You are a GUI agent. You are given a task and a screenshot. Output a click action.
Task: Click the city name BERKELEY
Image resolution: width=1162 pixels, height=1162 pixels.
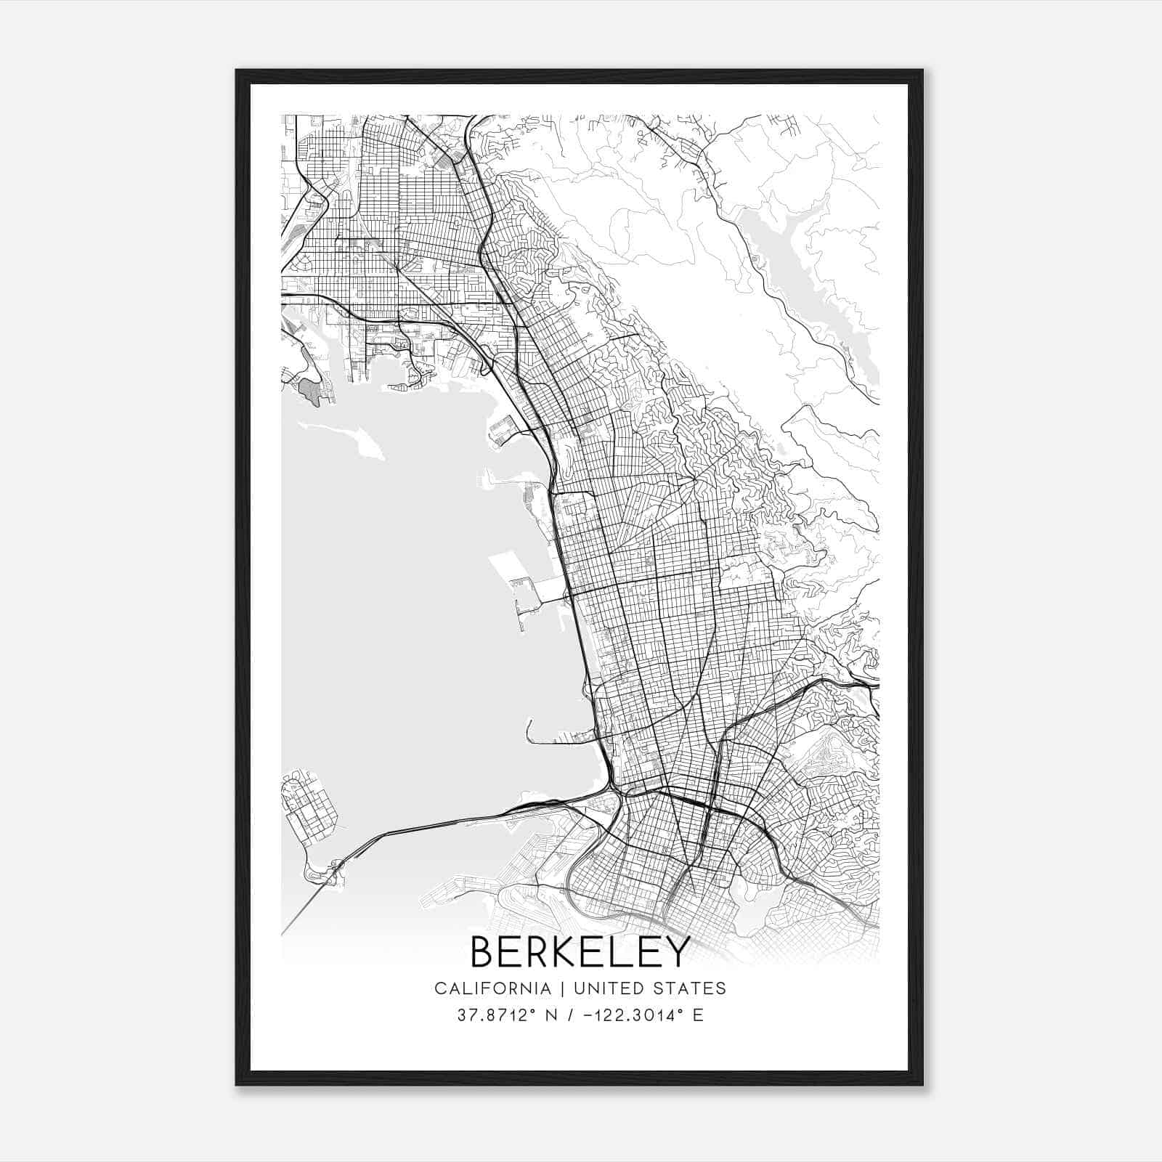click(x=580, y=952)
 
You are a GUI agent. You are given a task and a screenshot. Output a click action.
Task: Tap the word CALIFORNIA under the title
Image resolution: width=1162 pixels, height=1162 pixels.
click(x=492, y=988)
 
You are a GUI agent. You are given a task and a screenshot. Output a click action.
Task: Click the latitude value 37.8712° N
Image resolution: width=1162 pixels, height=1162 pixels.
click(x=508, y=1015)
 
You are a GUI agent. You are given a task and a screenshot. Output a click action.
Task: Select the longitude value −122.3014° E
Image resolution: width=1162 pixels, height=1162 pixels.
click(x=640, y=1015)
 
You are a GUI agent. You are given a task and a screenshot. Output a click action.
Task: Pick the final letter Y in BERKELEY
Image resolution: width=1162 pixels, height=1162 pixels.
click(x=676, y=952)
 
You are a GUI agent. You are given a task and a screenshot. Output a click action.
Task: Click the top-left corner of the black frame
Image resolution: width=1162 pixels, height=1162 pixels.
click(x=237, y=70)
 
